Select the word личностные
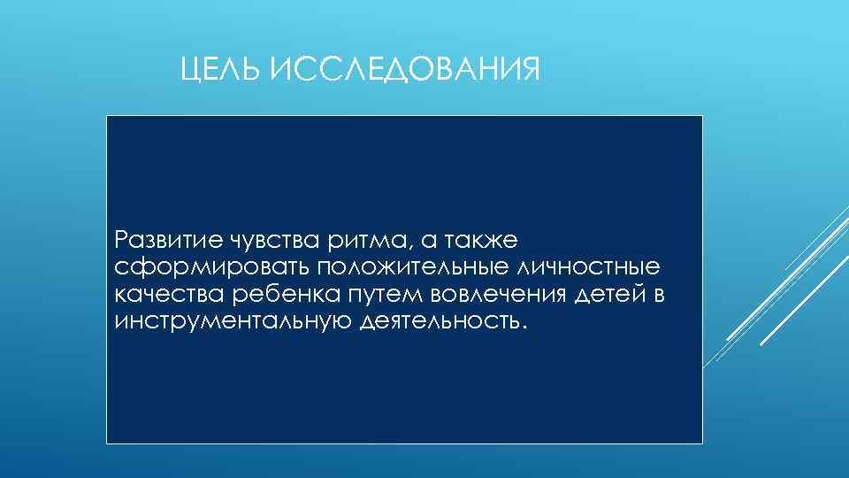click(x=600, y=266)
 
